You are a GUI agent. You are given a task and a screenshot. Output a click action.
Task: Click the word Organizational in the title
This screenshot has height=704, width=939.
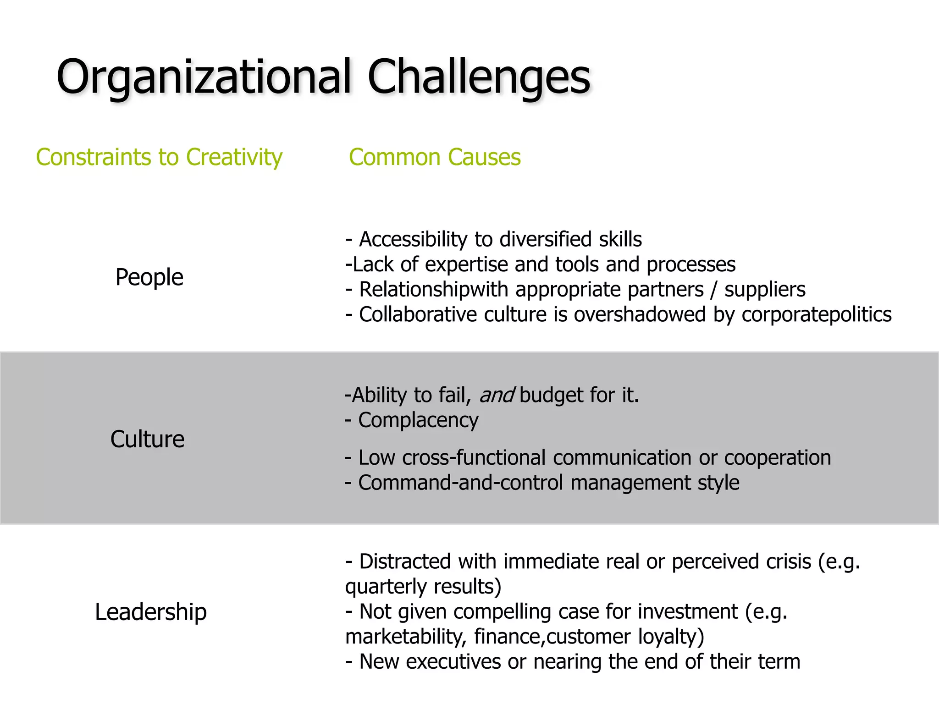(x=204, y=77)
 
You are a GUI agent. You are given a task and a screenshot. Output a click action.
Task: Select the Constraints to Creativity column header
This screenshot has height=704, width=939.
(x=159, y=158)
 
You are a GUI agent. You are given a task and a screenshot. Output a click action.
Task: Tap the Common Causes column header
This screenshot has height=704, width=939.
(x=435, y=158)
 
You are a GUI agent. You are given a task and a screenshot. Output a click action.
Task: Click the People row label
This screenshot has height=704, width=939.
(x=149, y=277)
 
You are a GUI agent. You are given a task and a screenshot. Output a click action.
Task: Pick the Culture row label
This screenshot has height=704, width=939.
(x=147, y=439)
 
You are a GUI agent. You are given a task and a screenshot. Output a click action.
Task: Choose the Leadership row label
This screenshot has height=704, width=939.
(x=151, y=612)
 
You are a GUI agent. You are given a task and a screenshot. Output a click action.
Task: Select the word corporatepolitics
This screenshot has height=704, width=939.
(x=817, y=315)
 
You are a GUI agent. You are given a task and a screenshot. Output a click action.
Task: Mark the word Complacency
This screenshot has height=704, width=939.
(x=418, y=420)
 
